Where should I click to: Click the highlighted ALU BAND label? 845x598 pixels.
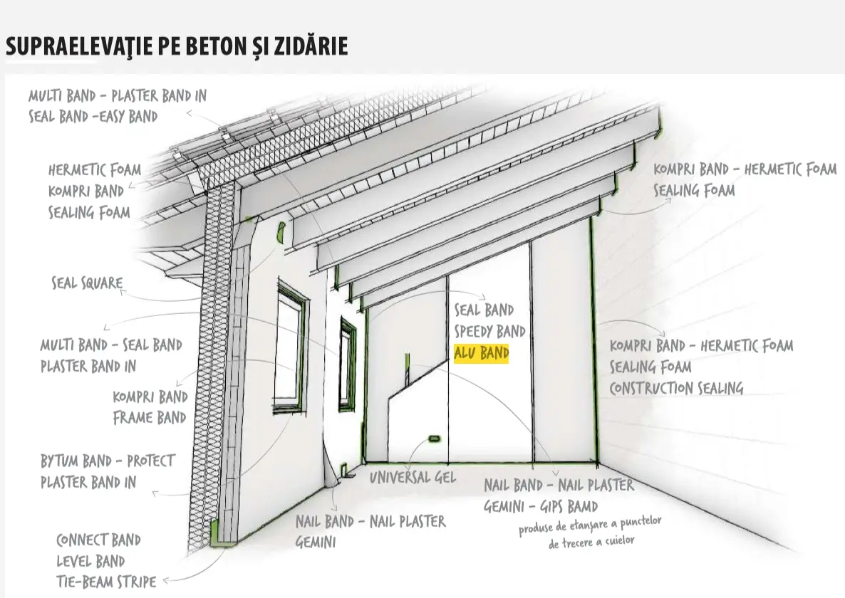coord(481,353)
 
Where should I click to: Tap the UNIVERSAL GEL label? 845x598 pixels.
coord(413,477)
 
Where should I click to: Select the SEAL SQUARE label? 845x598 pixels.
coord(88,283)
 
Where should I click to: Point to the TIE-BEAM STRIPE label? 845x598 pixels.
coord(106,582)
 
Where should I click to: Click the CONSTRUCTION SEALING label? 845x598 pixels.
coord(676,388)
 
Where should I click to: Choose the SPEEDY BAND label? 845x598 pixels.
coord(490,331)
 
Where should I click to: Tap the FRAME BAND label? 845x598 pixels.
coord(150,418)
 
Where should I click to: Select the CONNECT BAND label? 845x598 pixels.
coord(98,540)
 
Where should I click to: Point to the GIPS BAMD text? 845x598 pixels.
coord(569,506)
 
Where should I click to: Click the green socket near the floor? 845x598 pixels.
coord(434,439)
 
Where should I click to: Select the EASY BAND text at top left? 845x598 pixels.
coord(128,116)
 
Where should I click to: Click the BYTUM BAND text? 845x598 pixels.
coord(76,461)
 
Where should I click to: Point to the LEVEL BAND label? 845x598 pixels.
coord(90,562)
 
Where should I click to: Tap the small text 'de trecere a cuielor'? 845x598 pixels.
coord(591,541)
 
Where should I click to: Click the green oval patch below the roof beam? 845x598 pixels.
coord(280,231)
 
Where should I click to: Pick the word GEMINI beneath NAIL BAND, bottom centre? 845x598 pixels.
coord(316,542)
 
